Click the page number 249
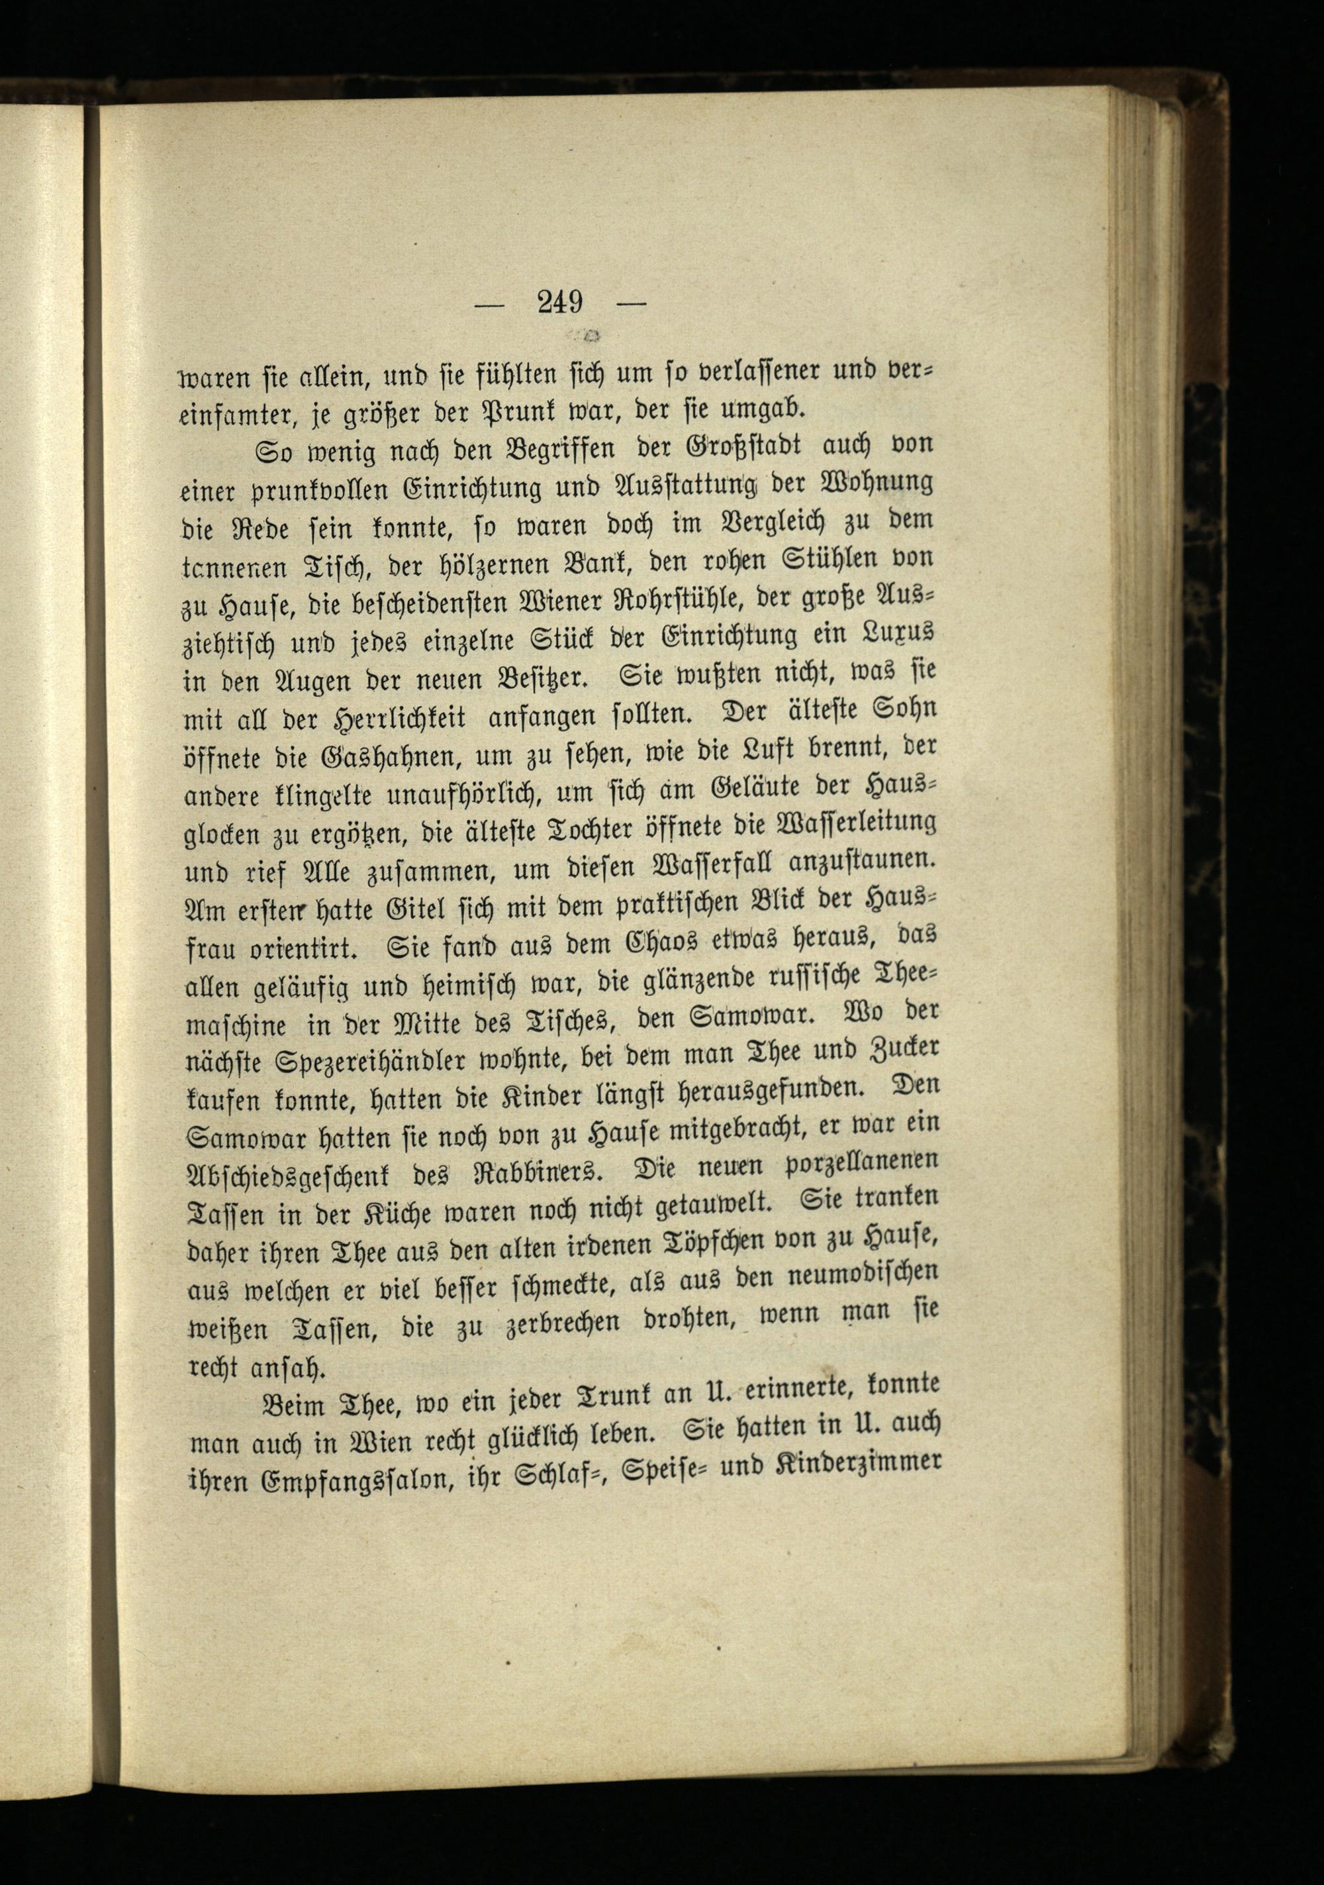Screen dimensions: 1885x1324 click(x=560, y=302)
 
